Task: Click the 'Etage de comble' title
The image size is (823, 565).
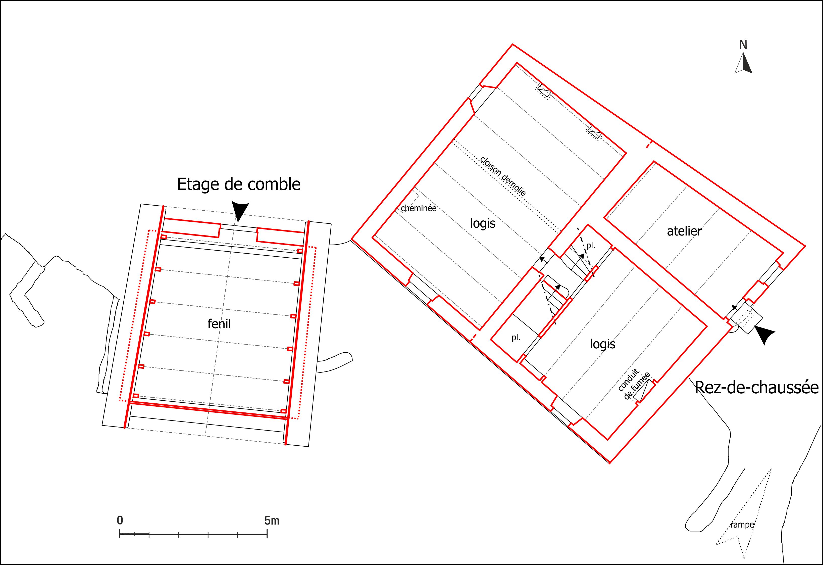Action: point(239,184)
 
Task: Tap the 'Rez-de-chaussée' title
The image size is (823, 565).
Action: point(756,388)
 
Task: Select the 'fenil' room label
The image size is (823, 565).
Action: point(219,323)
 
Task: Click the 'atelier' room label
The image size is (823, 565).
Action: point(684,231)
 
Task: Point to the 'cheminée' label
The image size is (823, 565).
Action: point(419,208)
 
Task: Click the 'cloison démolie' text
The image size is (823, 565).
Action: point(503,176)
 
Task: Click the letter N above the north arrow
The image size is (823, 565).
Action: point(743,45)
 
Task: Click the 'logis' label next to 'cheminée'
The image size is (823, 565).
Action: point(483,223)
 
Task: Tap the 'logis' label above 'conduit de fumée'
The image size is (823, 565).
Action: point(603,344)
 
